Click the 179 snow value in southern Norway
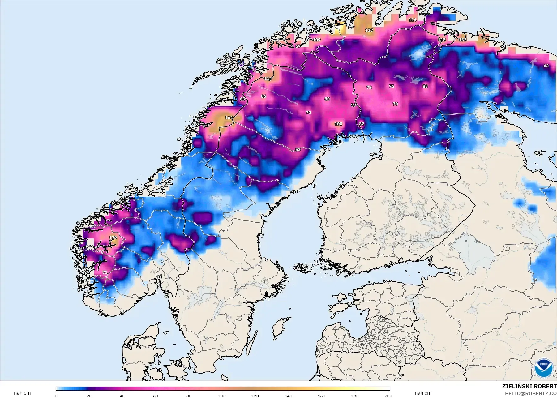click(113, 238)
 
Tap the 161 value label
click(229, 118)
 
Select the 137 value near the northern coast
click(369, 30)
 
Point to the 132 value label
click(462, 40)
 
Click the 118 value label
click(442, 40)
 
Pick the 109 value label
click(317, 40)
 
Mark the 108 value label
click(338, 124)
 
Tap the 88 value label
click(425, 86)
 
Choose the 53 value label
click(298, 149)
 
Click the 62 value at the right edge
click(546, 66)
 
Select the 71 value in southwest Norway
click(105, 272)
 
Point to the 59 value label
click(353, 105)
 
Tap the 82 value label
click(361, 124)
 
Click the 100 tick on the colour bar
click(222, 396)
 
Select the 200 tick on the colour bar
click(388, 396)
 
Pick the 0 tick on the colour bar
click(56, 396)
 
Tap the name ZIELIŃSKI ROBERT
click(529, 386)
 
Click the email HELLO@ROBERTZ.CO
click(531, 393)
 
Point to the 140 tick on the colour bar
click(288, 396)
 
